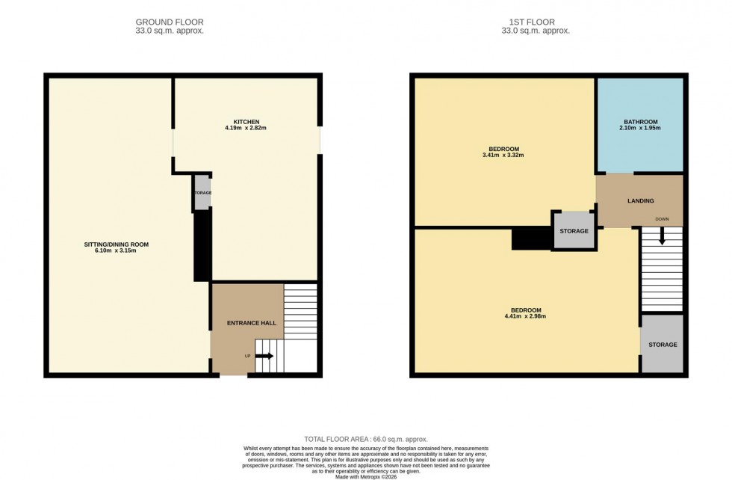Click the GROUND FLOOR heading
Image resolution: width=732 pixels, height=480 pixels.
169,22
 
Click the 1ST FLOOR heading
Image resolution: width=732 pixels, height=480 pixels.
536,22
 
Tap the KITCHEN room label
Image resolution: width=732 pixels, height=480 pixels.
246,121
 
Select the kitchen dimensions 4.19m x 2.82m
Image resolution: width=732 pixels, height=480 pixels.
246,129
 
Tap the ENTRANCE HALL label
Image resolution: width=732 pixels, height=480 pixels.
252,323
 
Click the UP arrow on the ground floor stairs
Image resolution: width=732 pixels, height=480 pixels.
264,356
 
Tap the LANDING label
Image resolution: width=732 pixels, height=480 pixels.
640,200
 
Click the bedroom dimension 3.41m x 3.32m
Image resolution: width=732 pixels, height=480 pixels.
501,156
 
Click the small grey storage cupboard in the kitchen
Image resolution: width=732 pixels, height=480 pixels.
202,193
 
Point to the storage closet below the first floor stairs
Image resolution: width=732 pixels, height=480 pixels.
662,345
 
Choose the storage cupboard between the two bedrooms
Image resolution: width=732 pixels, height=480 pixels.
574,230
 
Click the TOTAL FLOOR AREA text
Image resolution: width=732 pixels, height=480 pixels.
366,439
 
